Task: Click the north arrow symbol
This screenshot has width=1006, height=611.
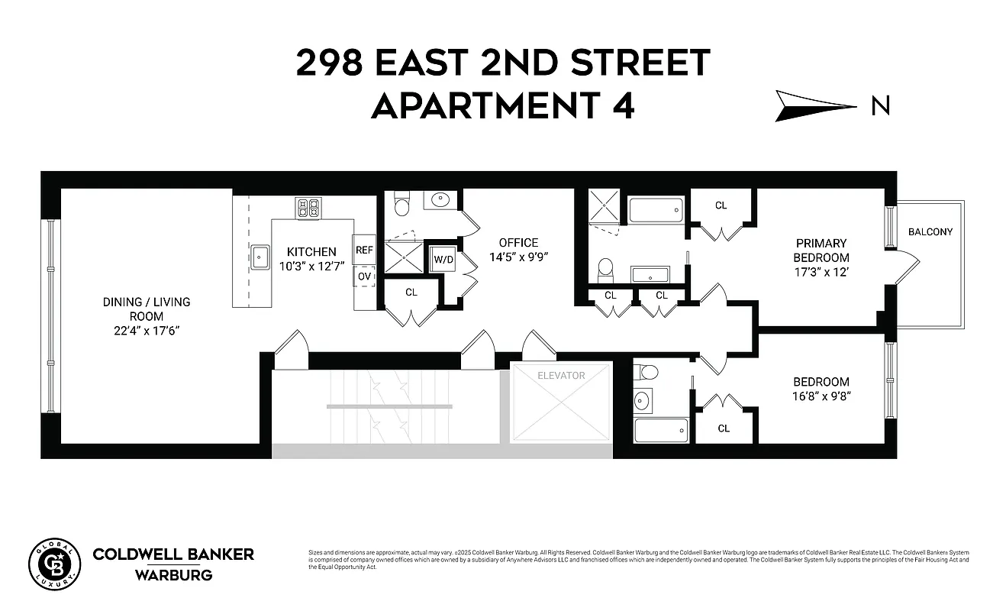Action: point(814,105)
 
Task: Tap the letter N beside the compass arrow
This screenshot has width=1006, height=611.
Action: point(880,106)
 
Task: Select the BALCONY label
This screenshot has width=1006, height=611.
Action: point(930,231)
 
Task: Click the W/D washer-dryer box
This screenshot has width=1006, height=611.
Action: point(443,258)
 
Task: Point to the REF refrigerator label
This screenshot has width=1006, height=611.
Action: point(364,250)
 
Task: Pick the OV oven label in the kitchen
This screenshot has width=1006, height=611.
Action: point(364,276)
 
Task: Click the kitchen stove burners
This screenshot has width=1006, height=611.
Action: point(308,209)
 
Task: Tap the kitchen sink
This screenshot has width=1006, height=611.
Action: point(260,257)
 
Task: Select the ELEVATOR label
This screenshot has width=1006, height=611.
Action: point(561,375)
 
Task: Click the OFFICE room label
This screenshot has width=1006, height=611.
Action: point(518,243)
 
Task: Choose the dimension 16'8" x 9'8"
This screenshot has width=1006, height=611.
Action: point(821,396)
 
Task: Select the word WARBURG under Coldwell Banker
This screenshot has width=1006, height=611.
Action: point(173,574)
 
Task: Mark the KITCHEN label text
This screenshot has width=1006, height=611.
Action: point(311,251)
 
